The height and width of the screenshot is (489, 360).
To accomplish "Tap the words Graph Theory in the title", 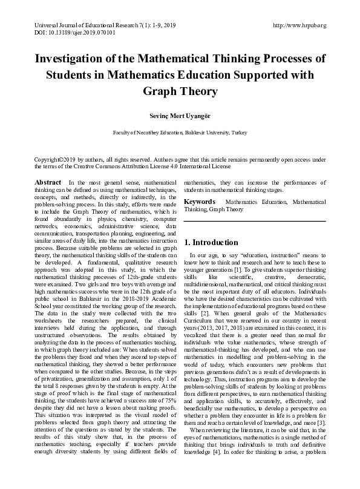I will point(180,91).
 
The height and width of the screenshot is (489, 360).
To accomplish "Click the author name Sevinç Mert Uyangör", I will point(180,116).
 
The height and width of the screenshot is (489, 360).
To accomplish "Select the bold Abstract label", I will point(47,183).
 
